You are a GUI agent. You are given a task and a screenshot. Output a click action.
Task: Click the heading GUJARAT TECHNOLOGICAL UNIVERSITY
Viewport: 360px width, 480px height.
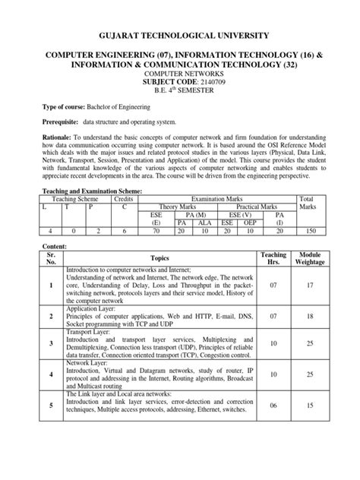coord(180,36)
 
